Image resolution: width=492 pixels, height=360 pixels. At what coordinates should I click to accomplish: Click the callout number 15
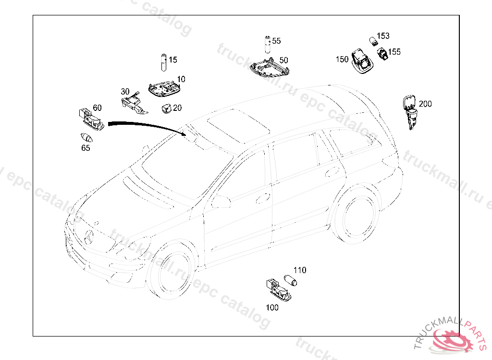pyautogui.click(x=173, y=60)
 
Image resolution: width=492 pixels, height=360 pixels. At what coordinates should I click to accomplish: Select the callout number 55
pyautogui.click(x=276, y=41)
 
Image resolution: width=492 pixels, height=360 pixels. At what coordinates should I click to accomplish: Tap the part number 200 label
pyautogui.click(x=425, y=104)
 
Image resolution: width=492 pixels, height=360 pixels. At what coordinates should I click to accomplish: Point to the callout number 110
pyautogui.click(x=300, y=270)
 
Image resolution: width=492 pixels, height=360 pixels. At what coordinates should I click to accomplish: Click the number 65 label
pyautogui.click(x=86, y=148)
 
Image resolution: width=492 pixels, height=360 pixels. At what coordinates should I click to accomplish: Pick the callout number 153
pyautogui.click(x=383, y=36)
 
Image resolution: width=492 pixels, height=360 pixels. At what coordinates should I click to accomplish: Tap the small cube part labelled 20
pyautogui.click(x=166, y=108)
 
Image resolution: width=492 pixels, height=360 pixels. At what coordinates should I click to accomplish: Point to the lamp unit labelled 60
pyautogui.click(x=91, y=119)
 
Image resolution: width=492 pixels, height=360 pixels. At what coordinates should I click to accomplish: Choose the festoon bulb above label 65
pyautogui.click(x=86, y=137)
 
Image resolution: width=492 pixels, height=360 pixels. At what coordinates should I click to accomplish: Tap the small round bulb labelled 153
pyautogui.click(x=373, y=41)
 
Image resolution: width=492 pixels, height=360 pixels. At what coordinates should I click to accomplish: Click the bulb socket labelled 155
pyautogui.click(x=382, y=54)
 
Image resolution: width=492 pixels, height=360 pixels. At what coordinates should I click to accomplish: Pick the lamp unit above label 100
pyautogui.click(x=278, y=289)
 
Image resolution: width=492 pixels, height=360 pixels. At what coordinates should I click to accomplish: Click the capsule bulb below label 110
pyautogui.click(x=290, y=280)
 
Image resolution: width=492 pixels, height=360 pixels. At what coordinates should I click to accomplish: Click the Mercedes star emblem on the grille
pyautogui.click(x=89, y=237)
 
